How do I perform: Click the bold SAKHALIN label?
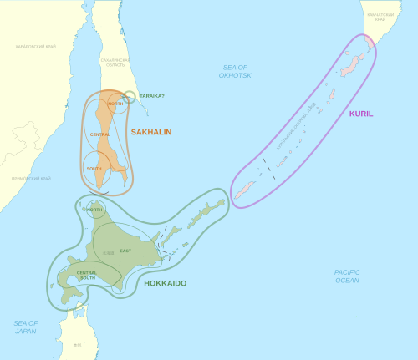(150, 132)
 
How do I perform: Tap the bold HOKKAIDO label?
(166, 283)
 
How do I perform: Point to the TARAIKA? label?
(151, 96)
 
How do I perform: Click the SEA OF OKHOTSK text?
(237, 71)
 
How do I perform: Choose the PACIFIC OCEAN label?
(347, 276)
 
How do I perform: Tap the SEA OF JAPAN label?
(26, 327)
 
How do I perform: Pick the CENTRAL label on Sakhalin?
(100, 134)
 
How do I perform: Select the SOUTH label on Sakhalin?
(94, 169)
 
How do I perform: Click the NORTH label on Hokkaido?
(95, 210)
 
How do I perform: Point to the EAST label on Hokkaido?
(125, 251)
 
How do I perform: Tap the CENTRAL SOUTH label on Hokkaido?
(87, 275)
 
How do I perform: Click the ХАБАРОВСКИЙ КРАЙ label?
(35, 47)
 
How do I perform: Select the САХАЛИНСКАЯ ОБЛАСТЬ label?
(115, 63)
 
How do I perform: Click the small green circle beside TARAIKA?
(130, 97)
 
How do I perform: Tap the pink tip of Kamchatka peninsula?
(370, 43)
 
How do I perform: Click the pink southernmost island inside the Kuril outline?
(245, 193)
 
